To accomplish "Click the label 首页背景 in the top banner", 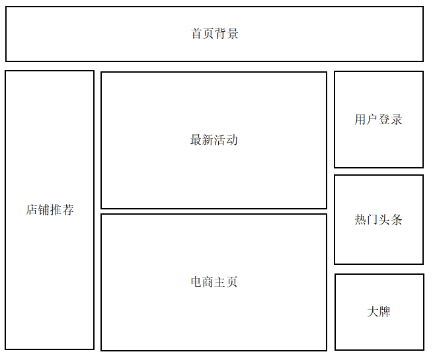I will click(215, 34).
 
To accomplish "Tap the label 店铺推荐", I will click(50, 210).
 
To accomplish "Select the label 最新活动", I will click(214, 140).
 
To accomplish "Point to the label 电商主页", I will click(214, 282).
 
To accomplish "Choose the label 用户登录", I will click(378, 120).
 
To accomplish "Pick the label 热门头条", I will click(378, 220).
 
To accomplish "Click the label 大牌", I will click(379, 312).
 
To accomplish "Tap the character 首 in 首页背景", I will click(197, 34).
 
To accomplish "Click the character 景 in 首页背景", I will click(233, 34).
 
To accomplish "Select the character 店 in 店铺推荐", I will click(32, 210).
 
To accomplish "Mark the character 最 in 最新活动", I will click(196, 140).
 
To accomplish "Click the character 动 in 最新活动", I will click(232, 140).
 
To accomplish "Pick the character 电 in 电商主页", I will click(196, 282).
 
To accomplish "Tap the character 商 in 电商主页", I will click(208, 282).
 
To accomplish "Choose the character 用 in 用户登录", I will click(360, 120).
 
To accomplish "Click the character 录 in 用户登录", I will click(396, 120).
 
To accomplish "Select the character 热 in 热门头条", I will click(360, 220).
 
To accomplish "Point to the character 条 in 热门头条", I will click(396, 220).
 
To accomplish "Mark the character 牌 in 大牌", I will click(385, 312).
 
